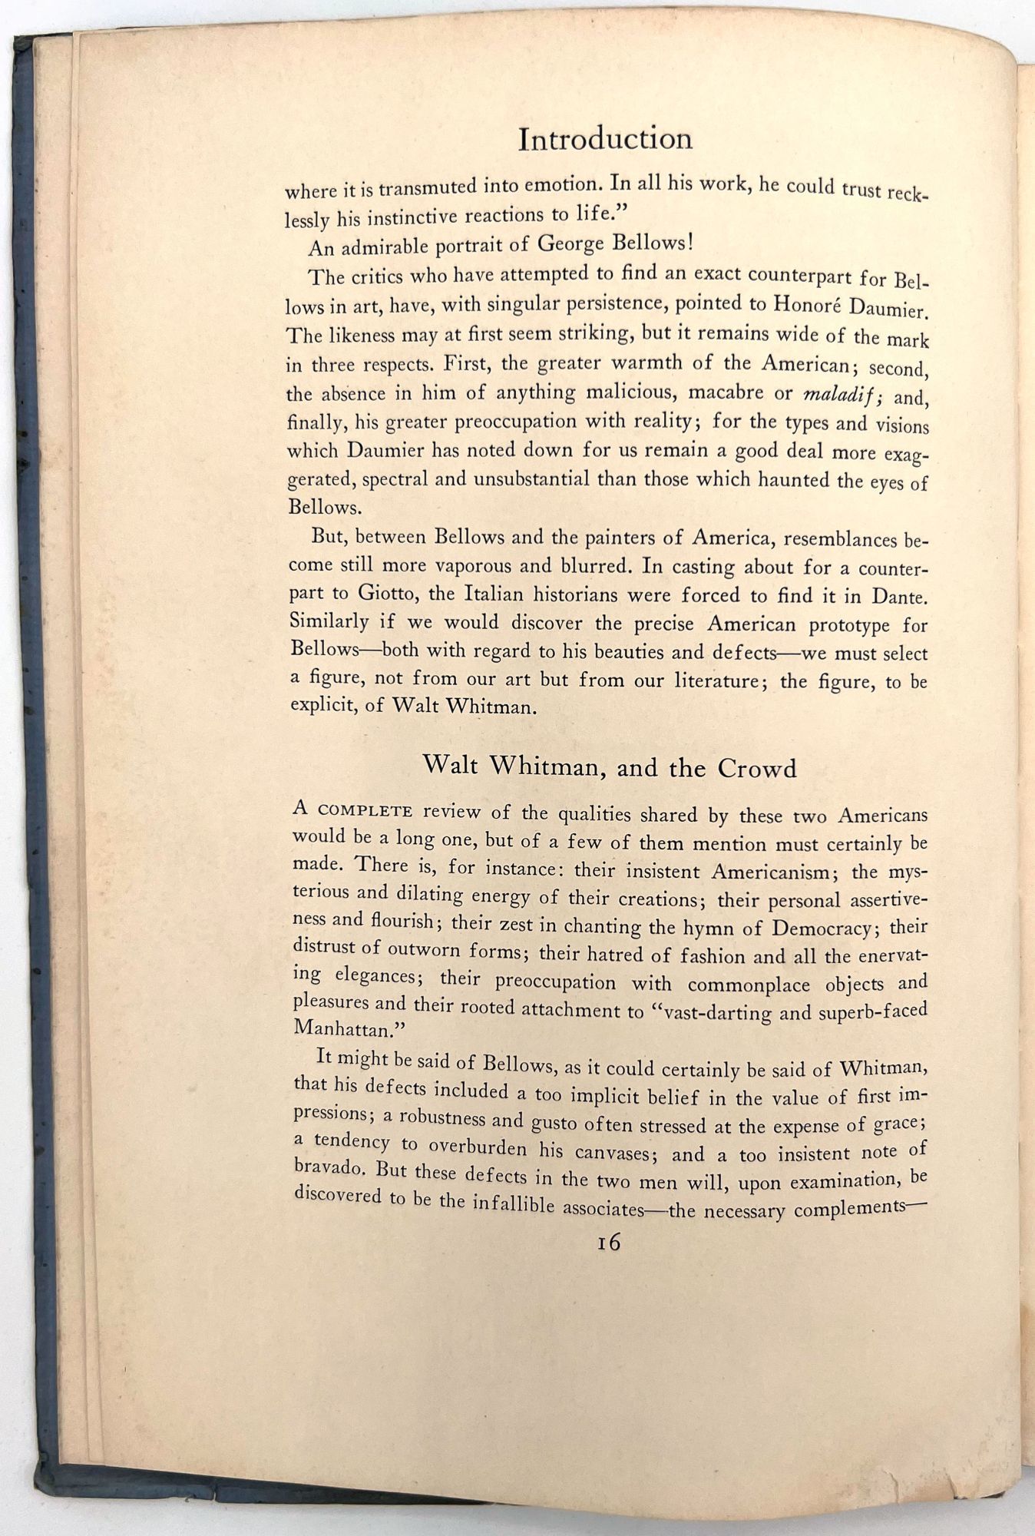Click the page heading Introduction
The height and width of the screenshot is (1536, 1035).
point(605,139)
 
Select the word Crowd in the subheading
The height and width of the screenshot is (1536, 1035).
point(757,768)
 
